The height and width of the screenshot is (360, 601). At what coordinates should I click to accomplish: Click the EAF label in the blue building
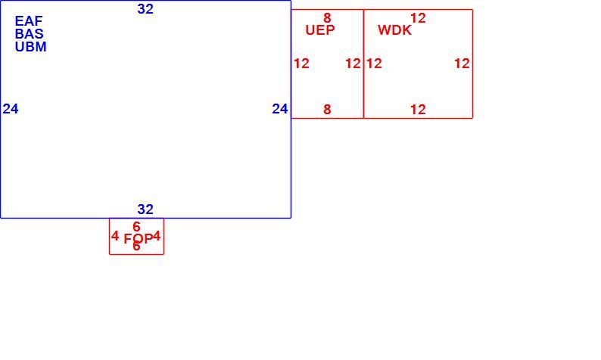(29, 20)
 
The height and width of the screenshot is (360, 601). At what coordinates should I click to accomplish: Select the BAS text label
(29, 34)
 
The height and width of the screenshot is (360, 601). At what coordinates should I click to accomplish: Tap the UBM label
(31, 47)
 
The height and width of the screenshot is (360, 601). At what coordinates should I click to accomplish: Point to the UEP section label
(320, 29)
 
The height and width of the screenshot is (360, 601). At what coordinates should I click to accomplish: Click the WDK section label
(395, 29)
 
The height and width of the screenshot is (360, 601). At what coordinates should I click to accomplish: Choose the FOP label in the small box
(139, 239)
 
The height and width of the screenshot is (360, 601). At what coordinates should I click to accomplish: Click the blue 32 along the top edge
(145, 9)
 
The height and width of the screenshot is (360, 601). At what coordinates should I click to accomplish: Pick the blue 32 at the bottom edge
(145, 209)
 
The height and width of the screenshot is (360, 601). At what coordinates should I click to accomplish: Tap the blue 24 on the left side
(11, 109)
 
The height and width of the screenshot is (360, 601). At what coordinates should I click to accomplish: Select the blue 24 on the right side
(280, 109)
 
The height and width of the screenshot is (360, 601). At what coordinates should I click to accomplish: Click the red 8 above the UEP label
(327, 17)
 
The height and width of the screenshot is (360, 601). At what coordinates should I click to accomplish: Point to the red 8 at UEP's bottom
(327, 110)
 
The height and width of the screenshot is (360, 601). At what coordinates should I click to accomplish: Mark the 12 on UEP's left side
(301, 64)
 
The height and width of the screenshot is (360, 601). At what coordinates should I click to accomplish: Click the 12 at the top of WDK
(418, 18)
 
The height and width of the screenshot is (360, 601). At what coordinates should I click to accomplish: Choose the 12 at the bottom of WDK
(418, 110)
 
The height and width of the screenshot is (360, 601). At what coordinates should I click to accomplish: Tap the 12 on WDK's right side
(462, 64)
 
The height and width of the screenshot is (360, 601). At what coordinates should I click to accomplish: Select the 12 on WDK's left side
(374, 64)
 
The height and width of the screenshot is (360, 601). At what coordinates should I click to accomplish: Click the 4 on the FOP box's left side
(115, 236)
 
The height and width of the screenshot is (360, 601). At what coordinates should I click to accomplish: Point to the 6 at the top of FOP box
(136, 227)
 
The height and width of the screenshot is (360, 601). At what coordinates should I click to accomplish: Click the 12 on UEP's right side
(353, 64)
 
